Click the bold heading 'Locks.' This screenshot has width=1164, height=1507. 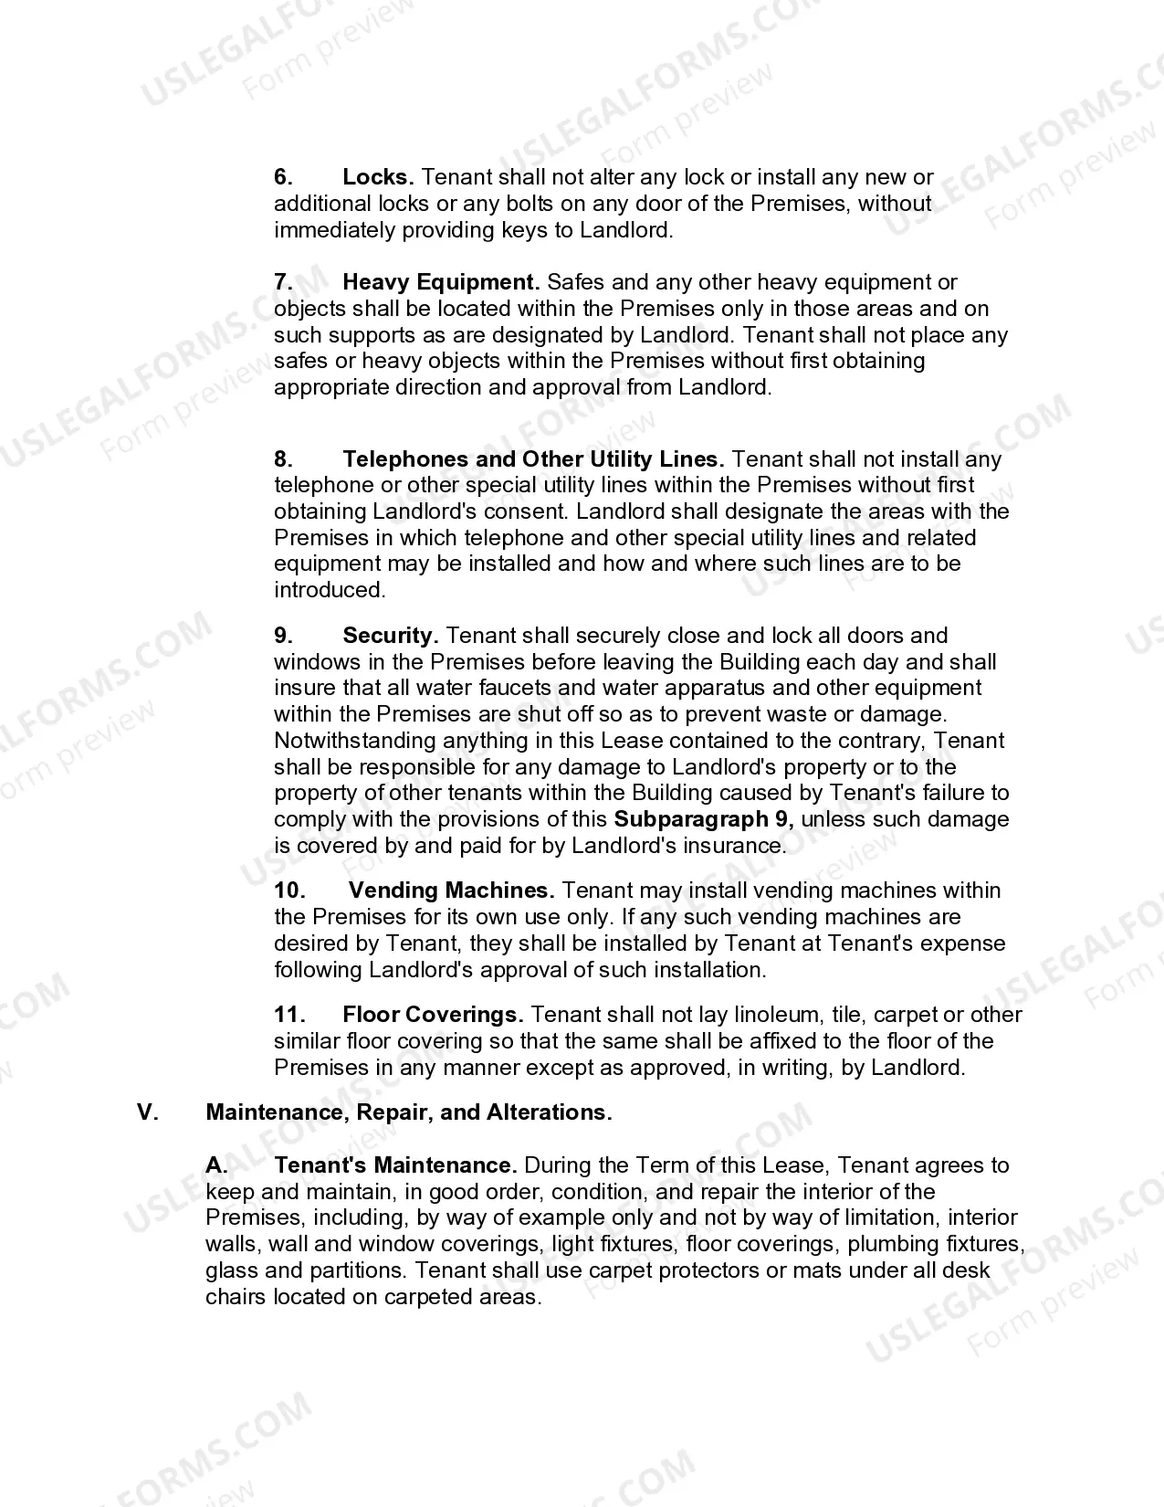378,177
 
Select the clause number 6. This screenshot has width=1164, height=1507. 283,177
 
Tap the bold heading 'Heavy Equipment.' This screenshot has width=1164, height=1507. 441,282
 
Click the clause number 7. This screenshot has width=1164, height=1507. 283,282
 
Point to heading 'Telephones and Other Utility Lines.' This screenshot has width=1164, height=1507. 533,458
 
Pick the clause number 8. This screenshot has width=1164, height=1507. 283,458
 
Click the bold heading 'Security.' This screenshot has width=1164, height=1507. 391,636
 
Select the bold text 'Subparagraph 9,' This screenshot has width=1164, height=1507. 704,819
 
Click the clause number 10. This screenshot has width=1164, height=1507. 289,890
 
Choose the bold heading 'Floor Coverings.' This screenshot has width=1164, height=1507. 433,1015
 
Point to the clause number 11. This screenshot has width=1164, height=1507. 289,1015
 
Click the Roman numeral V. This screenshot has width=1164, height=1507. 149,1112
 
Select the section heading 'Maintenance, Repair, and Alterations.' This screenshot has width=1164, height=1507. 409,1112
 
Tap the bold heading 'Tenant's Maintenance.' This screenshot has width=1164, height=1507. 395,1165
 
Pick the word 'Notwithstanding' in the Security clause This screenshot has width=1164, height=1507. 355,741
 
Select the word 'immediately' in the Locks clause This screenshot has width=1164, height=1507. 330,230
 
